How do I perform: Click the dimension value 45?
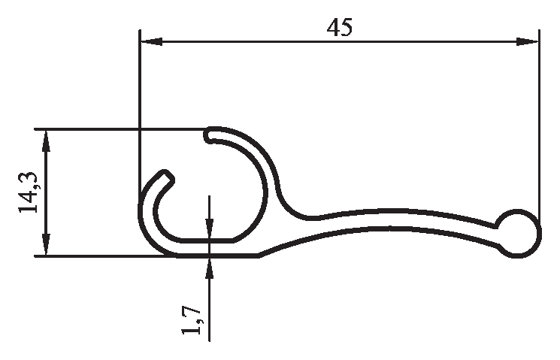pyautogui.click(x=340, y=27)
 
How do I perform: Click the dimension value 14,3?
pyautogui.click(x=28, y=192)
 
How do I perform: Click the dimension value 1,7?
pyautogui.click(x=192, y=320)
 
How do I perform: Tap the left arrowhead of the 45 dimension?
pyautogui.click(x=152, y=41)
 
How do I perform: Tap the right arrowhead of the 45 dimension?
pyautogui.click(x=527, y=41)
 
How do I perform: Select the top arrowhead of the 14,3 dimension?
pyautogui.click(x=46, y=141)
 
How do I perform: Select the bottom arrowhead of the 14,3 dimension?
pyautogui.click(x=46, y=244)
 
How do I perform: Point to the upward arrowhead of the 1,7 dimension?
pyautogui.click(x=210, y=268)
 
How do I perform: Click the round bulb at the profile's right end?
pyautogui.click(x=519, y=234)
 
